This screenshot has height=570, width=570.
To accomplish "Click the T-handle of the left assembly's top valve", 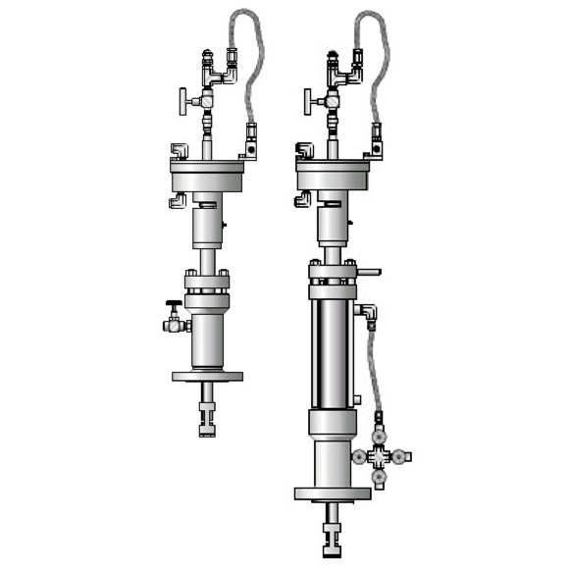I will coord(182,99).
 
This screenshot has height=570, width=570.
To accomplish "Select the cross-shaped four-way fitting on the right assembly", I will coord(382,456).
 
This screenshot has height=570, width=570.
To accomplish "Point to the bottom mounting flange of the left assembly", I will coord(207,376).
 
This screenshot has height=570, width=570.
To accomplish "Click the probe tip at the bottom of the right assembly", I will coord(333,541).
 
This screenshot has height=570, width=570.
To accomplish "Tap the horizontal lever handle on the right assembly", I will coord(368,272).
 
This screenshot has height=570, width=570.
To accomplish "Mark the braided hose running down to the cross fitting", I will coord(372,373).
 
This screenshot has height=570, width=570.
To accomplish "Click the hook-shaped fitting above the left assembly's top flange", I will coord(179,151).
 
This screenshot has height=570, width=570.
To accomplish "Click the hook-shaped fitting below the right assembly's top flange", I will coord(302,201).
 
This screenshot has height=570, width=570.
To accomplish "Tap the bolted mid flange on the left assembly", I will coord(207,284).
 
